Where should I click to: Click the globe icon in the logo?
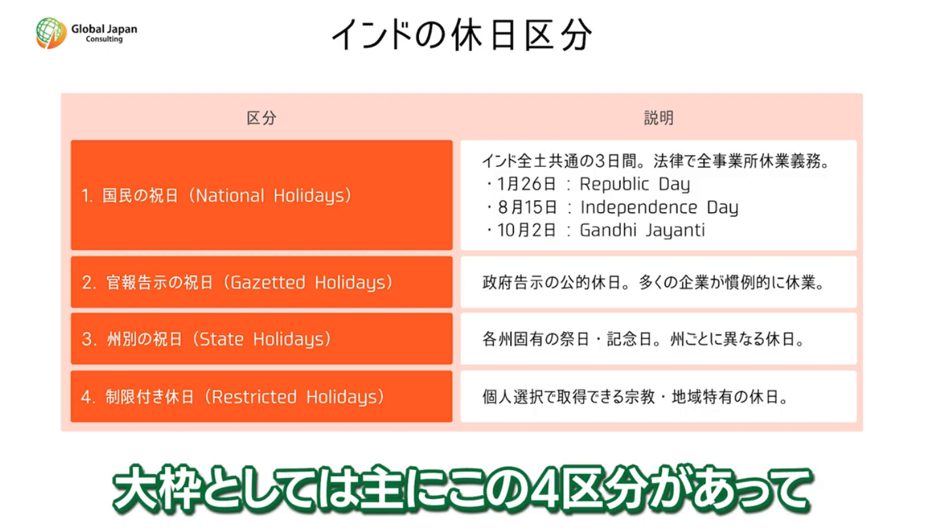tap(51, 33)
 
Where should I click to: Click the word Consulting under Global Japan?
tap(104, 39)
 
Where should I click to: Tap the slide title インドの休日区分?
tap(462, 35)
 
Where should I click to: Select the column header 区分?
tap(261, 119)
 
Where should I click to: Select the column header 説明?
tap(659, 119)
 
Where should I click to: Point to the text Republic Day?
tap(635, 184)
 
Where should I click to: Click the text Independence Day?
tap(659, 207)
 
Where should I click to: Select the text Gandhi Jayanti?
tap(642, 230)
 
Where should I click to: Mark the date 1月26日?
tap(526, 184)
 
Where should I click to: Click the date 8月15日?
tap(527, 208)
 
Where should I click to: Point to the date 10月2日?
tap(526, 230)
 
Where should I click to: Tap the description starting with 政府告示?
tap(653, 282)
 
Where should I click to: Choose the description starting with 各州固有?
tap(644, 339)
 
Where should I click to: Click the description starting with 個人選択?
tap(635, 397)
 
